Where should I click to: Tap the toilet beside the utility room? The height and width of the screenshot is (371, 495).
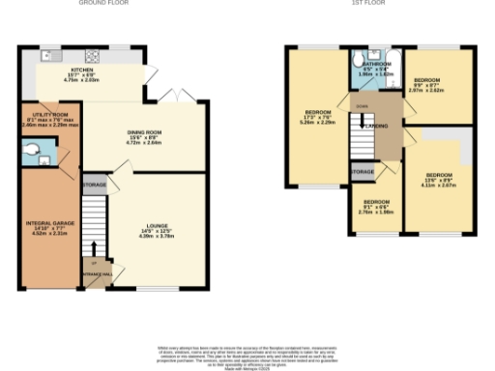pos(31,150)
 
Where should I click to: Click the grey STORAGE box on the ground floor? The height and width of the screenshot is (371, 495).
pos(95,184)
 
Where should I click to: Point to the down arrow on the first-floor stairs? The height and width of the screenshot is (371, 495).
pos(364,123)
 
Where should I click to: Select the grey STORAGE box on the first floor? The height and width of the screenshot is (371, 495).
pos(363,171)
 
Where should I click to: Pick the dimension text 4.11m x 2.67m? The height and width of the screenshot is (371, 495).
pos(438,185)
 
